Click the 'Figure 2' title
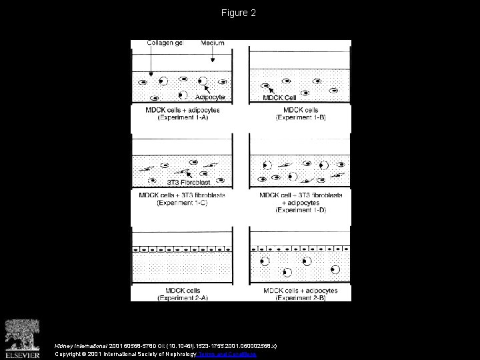coord(239,13)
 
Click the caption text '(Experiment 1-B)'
coord(299,117)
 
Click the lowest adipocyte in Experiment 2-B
coord(287,272)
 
